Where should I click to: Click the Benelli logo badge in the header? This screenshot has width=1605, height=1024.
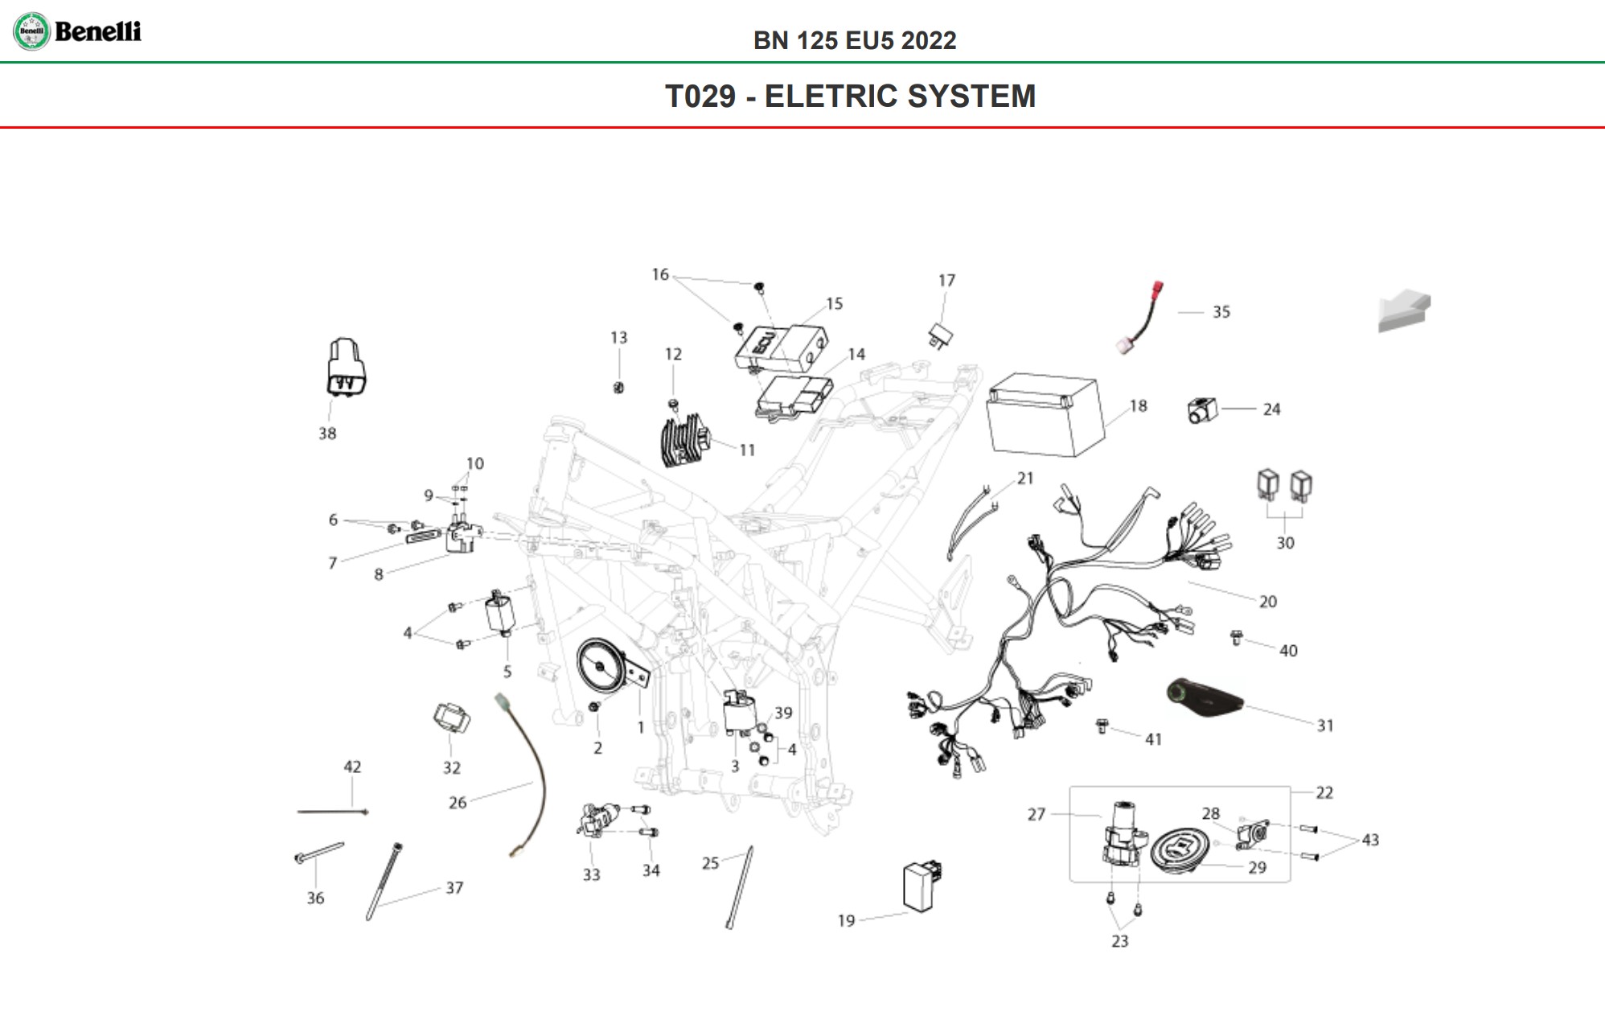pyautogui.click(x=32, y=32)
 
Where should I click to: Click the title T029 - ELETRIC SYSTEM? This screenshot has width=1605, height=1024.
pyautogui.click(x=850, y=96)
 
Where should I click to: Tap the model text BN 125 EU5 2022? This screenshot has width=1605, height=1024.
pyautogui.click(x=855, y=41)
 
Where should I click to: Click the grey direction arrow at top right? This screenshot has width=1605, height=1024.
pyautogui.click(x=1404, y=312)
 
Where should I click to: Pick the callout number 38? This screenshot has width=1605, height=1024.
pyautogui.click(x=327, y=434)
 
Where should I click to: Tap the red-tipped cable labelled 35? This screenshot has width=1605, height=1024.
pyautogui.click(x=1142, y=318)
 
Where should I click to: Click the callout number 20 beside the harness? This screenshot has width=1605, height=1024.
pyautogui.click(x=1267, y=602)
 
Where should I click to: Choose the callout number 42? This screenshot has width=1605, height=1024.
pyautogui.click(x=352, y=767)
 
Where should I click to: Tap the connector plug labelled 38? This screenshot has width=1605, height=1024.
pyautogui.click(x=347, y=368)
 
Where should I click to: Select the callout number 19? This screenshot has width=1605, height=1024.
pyautogui.click(x=846, y=920)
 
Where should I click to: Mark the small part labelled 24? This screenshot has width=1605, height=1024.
pyautogui.click(x=1202, y=411)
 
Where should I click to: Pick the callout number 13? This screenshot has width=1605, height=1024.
pyautogui.click(x=618, y=338)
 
